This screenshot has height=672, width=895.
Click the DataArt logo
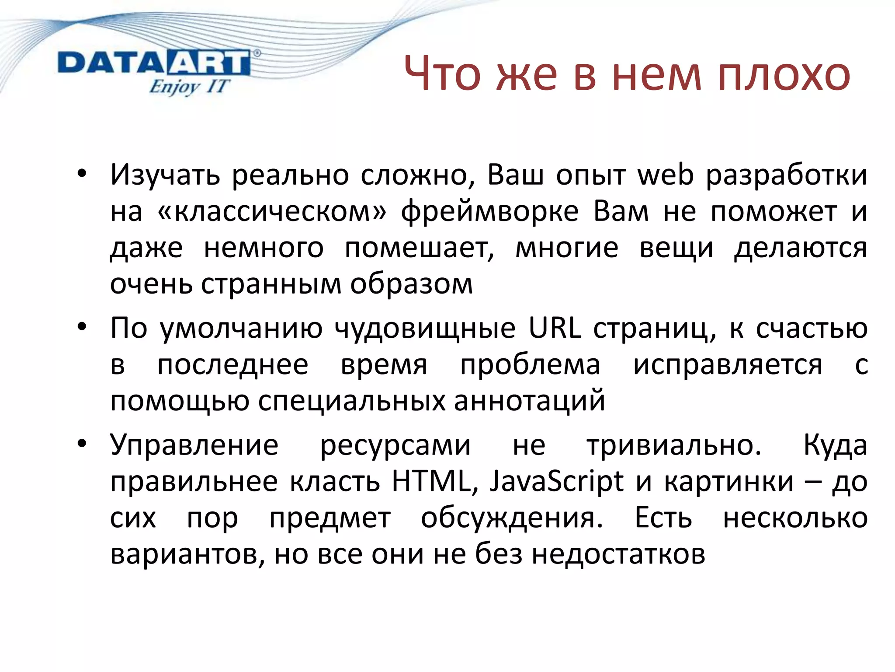pos(154,64)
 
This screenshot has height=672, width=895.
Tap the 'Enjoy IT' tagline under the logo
pos(188,86)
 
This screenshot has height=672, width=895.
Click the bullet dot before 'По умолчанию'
pos(82,327)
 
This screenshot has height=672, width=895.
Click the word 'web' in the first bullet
pos(666,175)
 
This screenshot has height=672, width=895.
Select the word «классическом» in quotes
pos(272,211)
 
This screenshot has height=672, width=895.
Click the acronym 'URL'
pos(555,328)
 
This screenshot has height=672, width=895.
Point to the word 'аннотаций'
pos(529,401)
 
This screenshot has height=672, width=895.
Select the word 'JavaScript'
pos(556,483)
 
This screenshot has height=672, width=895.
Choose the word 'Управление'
pos(194,446)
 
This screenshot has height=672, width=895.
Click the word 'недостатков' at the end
pos(618,554)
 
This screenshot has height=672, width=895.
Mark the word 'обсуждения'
pos(512,519)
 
